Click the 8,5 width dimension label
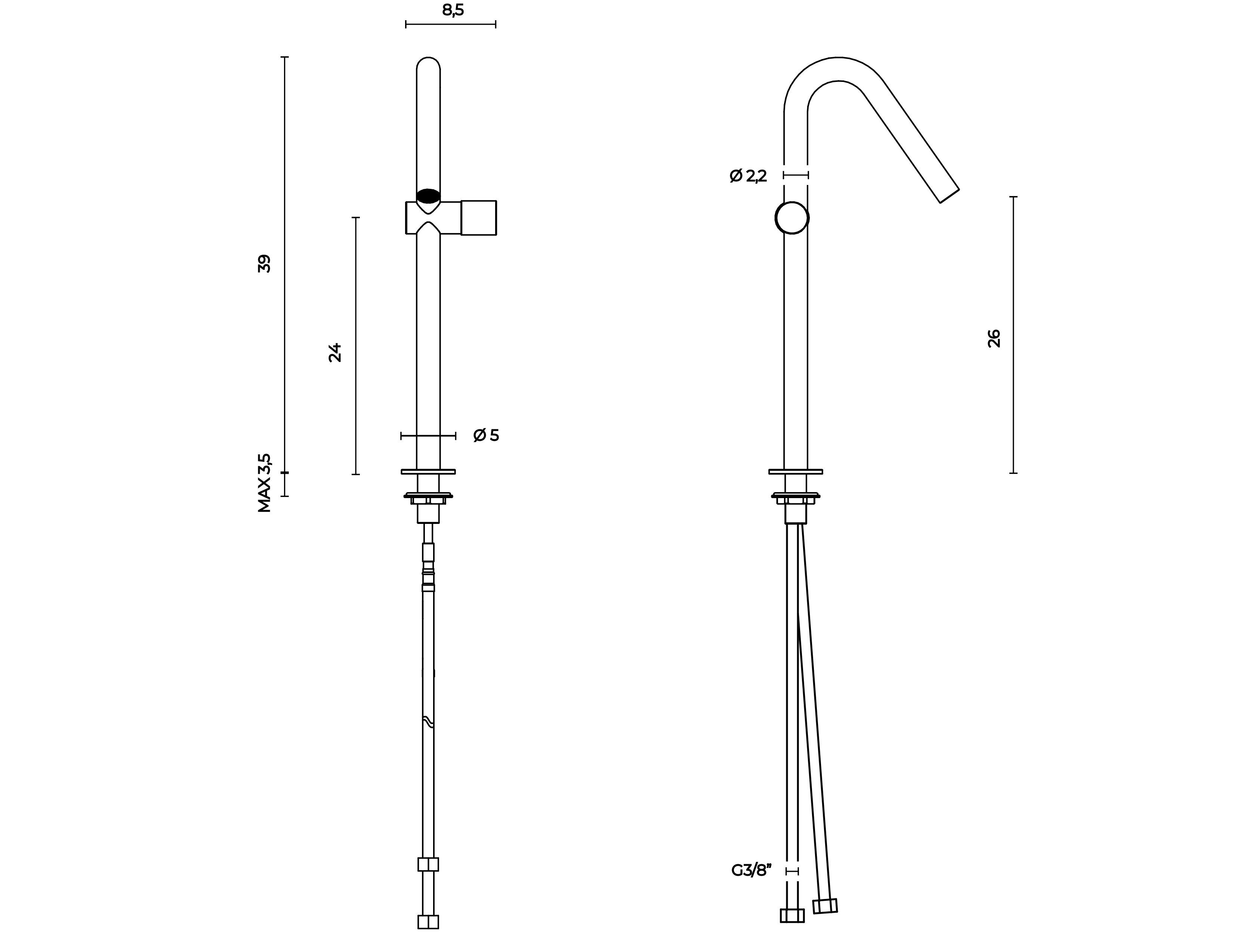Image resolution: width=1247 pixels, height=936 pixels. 453,10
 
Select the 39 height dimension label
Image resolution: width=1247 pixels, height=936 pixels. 264,264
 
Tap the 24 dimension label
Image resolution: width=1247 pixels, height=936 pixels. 335,352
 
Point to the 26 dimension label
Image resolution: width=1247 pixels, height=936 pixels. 994,338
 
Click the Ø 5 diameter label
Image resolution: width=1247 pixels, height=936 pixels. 486,435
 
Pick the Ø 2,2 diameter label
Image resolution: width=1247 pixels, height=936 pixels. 748,176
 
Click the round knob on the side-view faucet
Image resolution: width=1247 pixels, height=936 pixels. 792,218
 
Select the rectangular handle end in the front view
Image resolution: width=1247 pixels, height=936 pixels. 479,218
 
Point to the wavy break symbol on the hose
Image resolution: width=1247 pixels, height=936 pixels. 429,722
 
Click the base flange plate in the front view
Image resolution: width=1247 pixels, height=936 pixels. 429,471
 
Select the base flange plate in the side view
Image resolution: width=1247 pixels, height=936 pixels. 796,471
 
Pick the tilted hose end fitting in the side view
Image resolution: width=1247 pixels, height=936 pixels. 825,906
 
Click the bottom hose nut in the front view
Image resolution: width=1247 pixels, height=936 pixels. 429,922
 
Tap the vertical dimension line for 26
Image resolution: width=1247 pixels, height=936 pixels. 1013,335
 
